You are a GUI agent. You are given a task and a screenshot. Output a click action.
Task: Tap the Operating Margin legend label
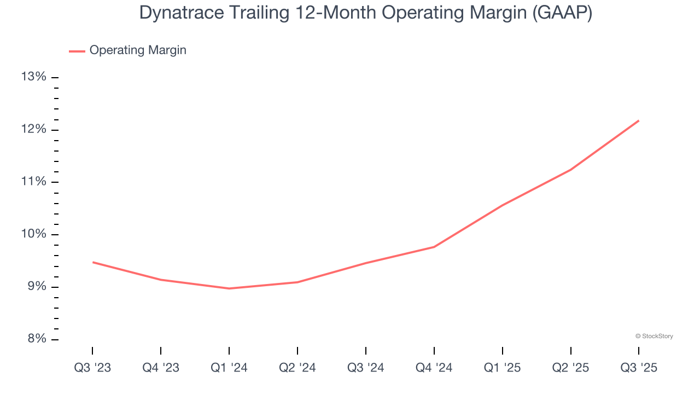[138, 50]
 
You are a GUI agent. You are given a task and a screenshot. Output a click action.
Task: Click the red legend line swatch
[77, 51]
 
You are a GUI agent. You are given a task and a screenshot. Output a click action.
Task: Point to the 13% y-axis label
[33, 77]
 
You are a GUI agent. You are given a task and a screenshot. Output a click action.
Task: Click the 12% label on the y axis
[33, 129]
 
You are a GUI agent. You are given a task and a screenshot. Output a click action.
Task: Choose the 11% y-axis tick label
[33, 182]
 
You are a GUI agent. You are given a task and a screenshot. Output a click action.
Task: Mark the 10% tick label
[33, 234]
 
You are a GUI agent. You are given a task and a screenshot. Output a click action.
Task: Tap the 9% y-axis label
[36, 287]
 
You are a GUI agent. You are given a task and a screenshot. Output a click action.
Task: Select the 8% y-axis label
[36, 339]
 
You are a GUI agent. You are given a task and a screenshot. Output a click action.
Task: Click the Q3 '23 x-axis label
[92, 368]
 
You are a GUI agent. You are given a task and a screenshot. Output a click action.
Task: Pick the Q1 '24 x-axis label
[229, 368]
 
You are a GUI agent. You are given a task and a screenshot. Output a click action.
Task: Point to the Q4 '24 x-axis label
[434, 368]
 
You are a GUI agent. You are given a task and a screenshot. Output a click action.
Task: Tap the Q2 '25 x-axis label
[571, 368]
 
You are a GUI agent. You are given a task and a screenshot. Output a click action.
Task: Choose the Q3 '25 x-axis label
[639, 368]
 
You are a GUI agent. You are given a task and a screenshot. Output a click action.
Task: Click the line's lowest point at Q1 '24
[229, 288]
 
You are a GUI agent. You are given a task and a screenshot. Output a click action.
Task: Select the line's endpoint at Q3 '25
[639, 120]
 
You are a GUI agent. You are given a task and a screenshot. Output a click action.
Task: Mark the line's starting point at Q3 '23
[93, 262]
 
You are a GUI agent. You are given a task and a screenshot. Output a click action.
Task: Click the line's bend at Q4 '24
[434, 247]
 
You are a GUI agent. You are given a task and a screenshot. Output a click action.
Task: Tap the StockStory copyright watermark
[654, 336]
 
